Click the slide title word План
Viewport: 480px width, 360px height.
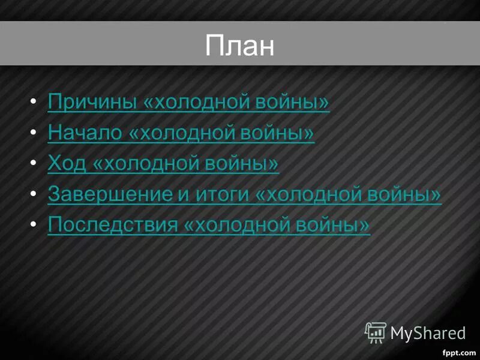coord(239,45)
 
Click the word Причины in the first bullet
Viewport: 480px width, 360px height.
coord(92,102)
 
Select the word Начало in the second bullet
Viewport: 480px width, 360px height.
coord(85,133)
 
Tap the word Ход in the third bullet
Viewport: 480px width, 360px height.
coord(67,163)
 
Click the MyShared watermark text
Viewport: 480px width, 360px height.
coord(428,333)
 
